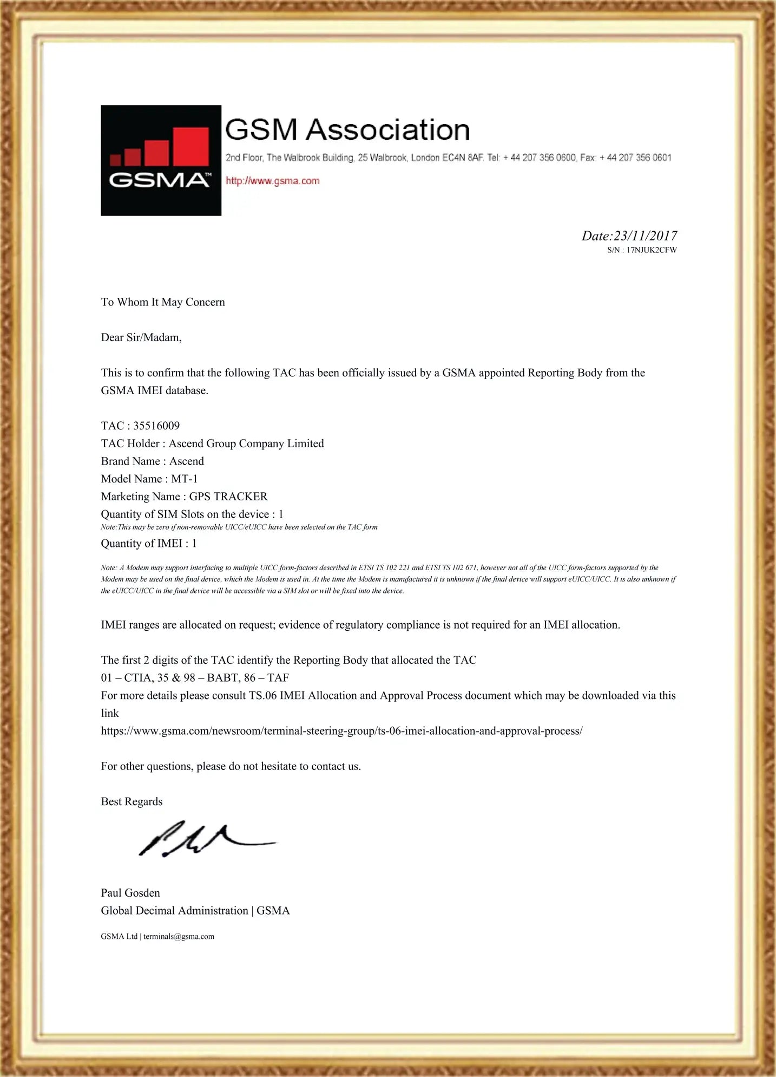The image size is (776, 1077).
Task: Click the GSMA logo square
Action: (161, 160)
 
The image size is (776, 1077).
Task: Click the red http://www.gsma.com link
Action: (272, 181)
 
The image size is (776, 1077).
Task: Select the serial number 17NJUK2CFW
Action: (652, 250)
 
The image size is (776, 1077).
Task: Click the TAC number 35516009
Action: (156, 426)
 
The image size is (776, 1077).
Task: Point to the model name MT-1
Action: (185, 479)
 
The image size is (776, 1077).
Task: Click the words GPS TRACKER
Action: (228, 497)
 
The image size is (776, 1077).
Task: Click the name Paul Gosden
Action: (130, 893)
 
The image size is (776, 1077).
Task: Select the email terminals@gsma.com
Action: (179, 936)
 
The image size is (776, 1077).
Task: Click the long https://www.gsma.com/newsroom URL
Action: (341, 731)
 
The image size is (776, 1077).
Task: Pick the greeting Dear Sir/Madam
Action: (141, 337)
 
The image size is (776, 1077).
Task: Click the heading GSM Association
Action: (347, 130)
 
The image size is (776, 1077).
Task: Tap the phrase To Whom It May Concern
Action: (163, 302)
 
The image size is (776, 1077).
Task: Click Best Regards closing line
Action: (131, 801)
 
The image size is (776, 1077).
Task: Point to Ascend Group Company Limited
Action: (246, 443)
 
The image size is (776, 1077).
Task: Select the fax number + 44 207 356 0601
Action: (635, 158)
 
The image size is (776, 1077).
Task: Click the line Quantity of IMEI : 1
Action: (149, 543)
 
